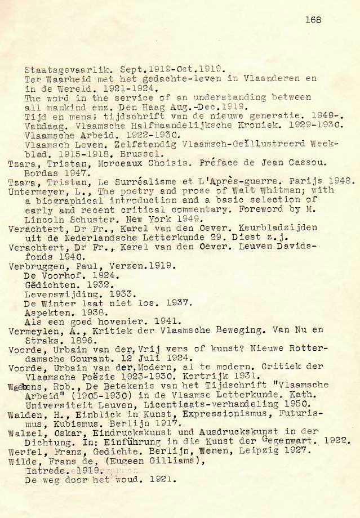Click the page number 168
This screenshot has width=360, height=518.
[313, 20]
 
